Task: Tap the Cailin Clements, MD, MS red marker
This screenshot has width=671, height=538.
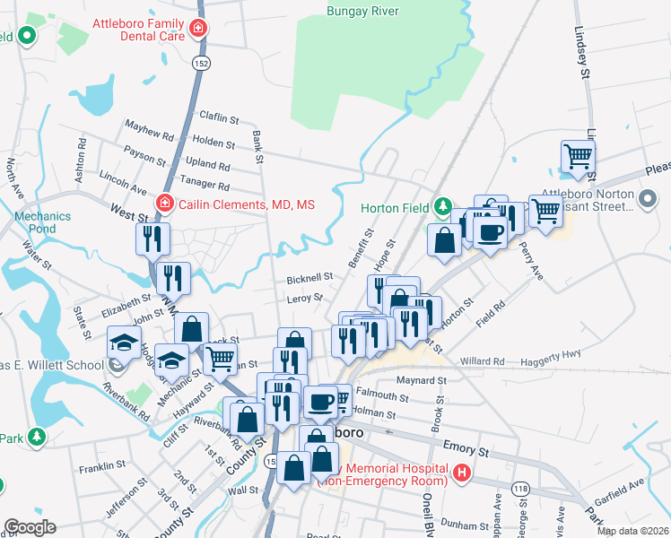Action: pyautogui.click(x=164, y=204)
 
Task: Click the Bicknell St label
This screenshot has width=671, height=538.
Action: pyautogui.click(x=310, y=278)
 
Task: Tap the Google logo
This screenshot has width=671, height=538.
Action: pyautogui.click(x=30, y=527)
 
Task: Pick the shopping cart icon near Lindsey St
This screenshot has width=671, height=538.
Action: pyautogui.click(x=579, y=156)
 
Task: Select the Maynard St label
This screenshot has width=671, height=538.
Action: pyautogui.click(x=422, y=380)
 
